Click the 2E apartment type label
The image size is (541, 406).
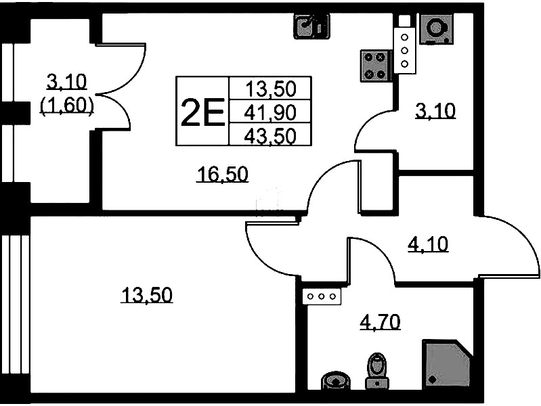pos(202,112)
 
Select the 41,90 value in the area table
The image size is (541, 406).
pos(270,112)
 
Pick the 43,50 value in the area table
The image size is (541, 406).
pos(270,135)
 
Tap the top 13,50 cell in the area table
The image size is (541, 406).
pos(270,89)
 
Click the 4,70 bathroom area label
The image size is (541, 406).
pos(380,321)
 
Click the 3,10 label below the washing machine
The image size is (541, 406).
pos(435,109)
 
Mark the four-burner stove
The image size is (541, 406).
pos(374,64)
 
